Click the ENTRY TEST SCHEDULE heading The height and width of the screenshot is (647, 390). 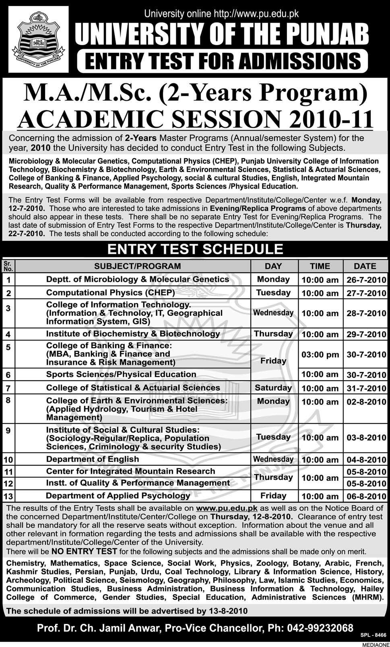point(195,249)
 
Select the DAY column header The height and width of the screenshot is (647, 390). point(273,266)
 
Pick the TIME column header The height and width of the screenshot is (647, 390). point(320,266)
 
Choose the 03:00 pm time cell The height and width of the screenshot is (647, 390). point(320,355)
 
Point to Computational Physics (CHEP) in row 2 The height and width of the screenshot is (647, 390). point(111,292)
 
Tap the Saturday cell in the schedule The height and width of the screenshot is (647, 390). point(273,388)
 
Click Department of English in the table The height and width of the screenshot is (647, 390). point(93,459)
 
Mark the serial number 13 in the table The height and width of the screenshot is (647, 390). point(8,496)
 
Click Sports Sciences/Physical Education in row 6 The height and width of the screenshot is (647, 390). point(121,374)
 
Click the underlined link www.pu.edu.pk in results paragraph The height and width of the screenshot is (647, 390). point(227,508)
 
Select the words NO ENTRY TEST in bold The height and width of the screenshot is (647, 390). point(84,552)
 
